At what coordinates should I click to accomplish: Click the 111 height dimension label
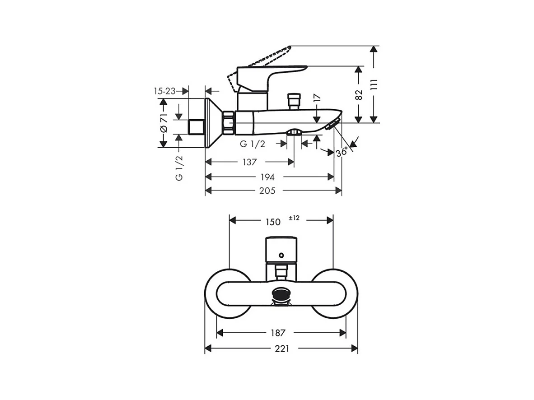click(x=374, y=84)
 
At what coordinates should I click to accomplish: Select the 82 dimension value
click(x=359, y=95)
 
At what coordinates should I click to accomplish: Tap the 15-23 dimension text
click(x=164, y=91)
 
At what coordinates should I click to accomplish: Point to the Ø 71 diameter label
click(x=164, y=123)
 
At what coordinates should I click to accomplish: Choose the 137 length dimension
click(x=249, y=162)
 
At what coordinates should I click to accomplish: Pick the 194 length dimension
click(x=267, y=177)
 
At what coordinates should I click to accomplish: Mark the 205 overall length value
click(x=267, y=191)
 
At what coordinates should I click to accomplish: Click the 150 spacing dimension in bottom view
click(x=273, y=222)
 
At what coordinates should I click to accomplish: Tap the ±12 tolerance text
click(x=294, y=218)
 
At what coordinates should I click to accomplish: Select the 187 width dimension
click(x=278, y=333)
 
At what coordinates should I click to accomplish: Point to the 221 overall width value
click(x=282, y=348)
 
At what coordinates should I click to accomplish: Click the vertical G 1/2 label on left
click(x=179, y=168)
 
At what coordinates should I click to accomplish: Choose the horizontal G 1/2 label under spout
click(x=253, y=144)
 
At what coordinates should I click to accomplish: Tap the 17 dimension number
click(x=317, y=98)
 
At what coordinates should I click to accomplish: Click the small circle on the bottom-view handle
click(x=281, y=255)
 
